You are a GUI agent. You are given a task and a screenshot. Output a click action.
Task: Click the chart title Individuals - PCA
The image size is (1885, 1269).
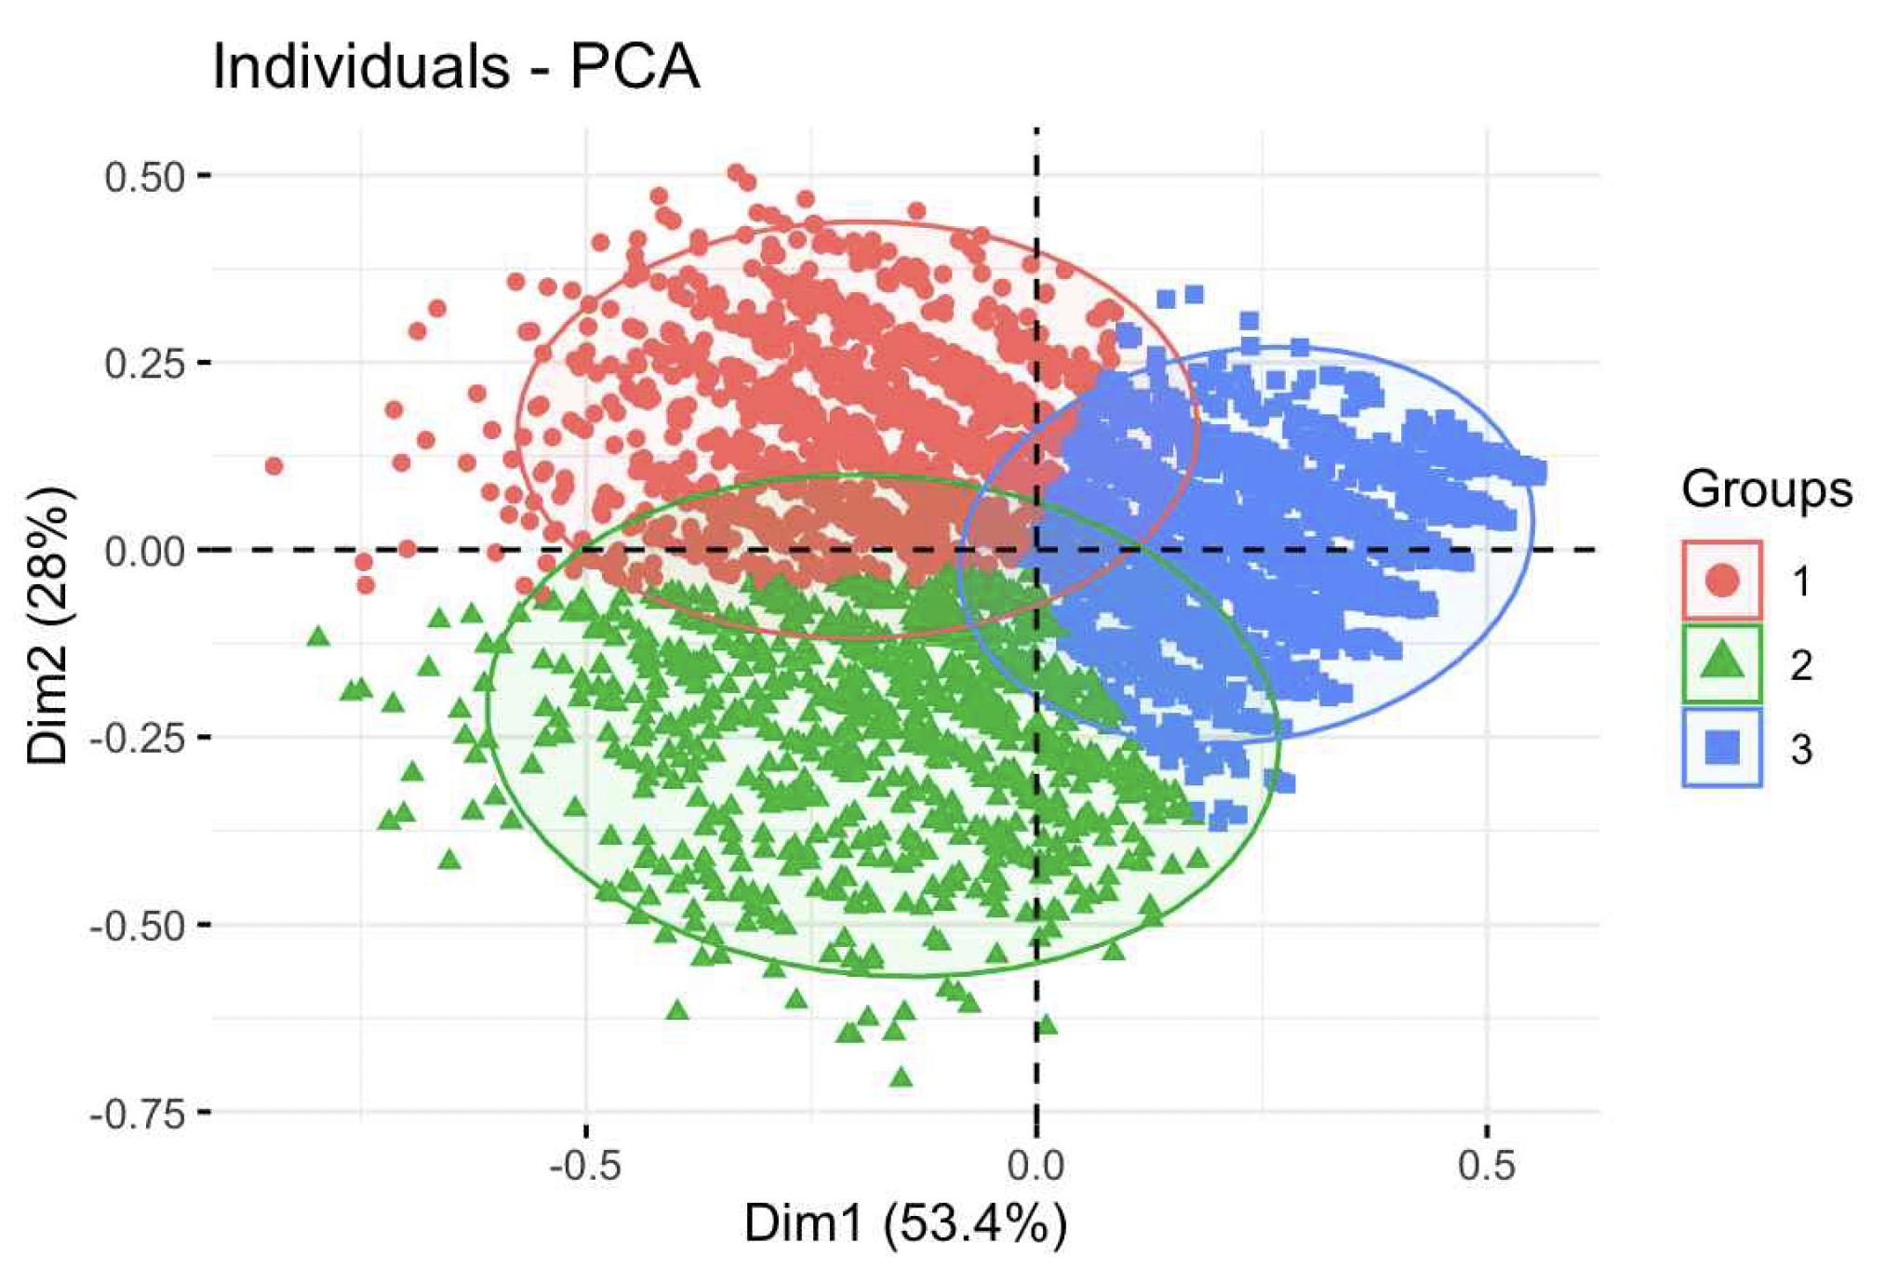(455, 67)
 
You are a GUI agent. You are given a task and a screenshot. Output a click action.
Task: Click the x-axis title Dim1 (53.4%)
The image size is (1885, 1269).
(904, 1223)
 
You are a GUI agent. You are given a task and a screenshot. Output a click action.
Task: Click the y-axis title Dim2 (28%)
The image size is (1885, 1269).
(48, 624)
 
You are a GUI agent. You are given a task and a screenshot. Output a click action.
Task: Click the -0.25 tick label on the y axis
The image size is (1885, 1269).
(138, 738)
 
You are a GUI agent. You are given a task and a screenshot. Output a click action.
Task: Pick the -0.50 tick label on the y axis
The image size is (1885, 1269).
(138, 926)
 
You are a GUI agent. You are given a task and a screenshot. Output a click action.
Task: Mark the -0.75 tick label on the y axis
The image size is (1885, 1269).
(138, 1113)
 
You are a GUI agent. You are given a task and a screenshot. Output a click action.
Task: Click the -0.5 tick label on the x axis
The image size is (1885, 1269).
(584, 1166)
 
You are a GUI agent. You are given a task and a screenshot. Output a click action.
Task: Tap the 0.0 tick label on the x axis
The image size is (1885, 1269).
(1036, 1166)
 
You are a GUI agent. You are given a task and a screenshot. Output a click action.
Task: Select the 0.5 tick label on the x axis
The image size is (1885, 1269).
(1486, 1166)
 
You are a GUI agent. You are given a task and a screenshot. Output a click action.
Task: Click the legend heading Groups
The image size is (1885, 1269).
(1766, 489)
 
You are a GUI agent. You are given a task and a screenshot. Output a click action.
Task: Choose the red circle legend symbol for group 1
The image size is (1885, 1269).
(1722, 581)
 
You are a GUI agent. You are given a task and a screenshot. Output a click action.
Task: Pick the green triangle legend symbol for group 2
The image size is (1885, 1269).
(1722, 662)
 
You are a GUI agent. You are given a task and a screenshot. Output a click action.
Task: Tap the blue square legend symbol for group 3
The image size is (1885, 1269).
(1722, 747)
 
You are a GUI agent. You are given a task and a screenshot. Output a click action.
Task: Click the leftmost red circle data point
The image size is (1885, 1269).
(274, 465)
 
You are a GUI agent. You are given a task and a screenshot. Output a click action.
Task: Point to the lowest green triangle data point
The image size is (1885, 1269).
(901, 1077)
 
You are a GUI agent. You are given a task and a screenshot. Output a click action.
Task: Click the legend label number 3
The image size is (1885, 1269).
(1801, 749)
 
